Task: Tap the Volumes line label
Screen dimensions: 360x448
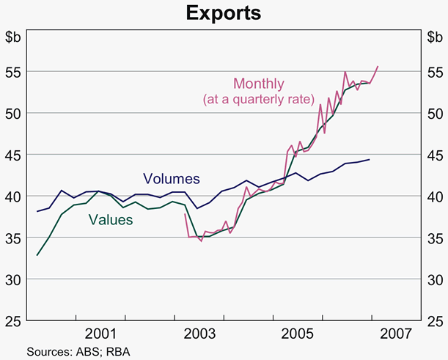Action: click(x=171, y=178)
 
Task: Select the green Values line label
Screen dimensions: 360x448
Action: click(x=111, y=218)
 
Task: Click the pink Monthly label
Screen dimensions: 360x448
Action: click(x=258, y=84)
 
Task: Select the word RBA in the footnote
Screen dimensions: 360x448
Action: click(x=117, y=351)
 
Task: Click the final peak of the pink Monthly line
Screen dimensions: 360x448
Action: click(x=378, y=66)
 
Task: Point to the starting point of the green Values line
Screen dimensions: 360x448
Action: click(x=37, y=255)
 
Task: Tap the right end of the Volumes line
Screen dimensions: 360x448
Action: click(x=369, y=159)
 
